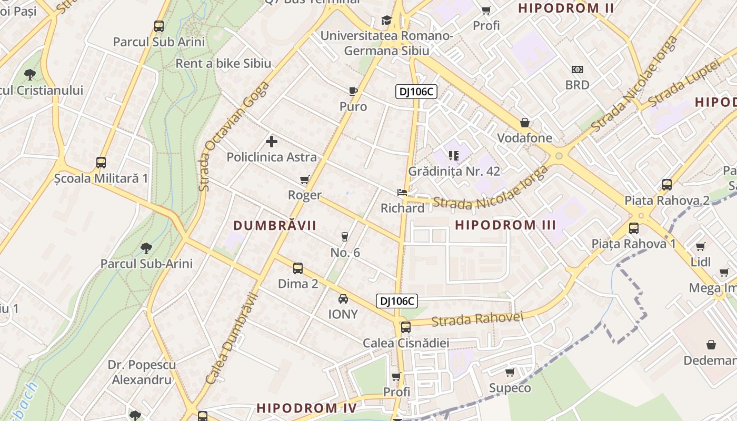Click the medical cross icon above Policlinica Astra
pyautogui.click(x=272, y=141)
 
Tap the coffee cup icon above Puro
pyautogui.click(x=353, y=91)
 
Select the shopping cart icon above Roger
pyautogui.click(x=304, y=180)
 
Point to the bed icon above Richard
pyautogui.click(x=402, y=193)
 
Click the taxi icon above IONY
pyautogui.click(x=343, y=299)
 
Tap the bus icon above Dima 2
pyautogui.click(x=298, y=268)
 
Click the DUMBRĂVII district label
pyautogui.click(x=275, y=226)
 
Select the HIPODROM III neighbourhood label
pyautogui.click(x=505, y=225)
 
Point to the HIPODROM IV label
pyautogui.click(x=306, y=408)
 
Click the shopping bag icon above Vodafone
pyautogui.click(x=525, y=123)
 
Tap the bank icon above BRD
pyautogui.click(x=577, y=69)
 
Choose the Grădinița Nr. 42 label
pyautogui.click(x=454, y=171)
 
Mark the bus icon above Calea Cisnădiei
pyautogui.click(x=405, y=327)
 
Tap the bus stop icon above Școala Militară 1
pyautogui.click(x=101, y=163)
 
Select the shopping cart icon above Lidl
pyautogui.click(x=700, y=247)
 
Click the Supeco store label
pyautogui.click(x=510, y=388)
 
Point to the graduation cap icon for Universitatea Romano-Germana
pyautogui.click(x=387, y=21)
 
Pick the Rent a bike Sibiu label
pyautogui.click(x=223, y=64)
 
